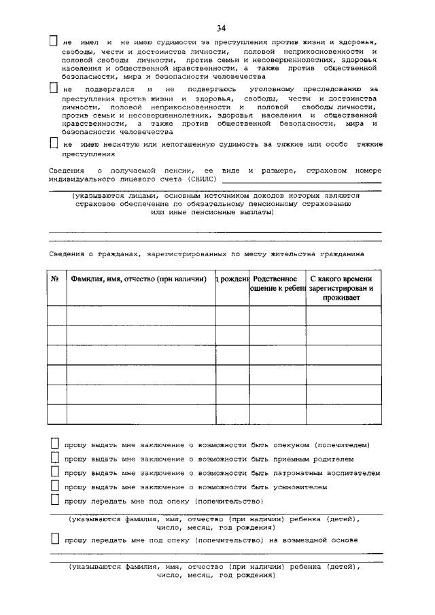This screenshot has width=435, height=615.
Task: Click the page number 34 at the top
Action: (x=221, y=28)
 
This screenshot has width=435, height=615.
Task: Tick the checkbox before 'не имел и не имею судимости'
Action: (x=54, y=41)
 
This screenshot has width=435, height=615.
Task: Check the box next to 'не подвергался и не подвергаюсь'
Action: (x=54, y=89)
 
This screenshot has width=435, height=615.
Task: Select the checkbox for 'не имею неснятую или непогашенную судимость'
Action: (x=54, y=144)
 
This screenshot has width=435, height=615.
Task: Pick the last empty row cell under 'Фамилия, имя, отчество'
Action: (x=141, y=414)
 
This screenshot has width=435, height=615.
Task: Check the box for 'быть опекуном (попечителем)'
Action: (x=55, y=444)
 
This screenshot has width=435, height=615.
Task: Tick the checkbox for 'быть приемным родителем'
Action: (x=55, y=458)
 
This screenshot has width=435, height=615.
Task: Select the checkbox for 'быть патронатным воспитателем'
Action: (x=55, y=472)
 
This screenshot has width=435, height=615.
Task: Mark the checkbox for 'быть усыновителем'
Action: (x=55, y=487)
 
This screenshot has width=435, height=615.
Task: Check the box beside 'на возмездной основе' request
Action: (x=55, y=539)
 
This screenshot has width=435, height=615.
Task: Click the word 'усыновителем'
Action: (x=295, y=487)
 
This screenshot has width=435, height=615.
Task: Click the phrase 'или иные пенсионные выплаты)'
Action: (x=212, y=213)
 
